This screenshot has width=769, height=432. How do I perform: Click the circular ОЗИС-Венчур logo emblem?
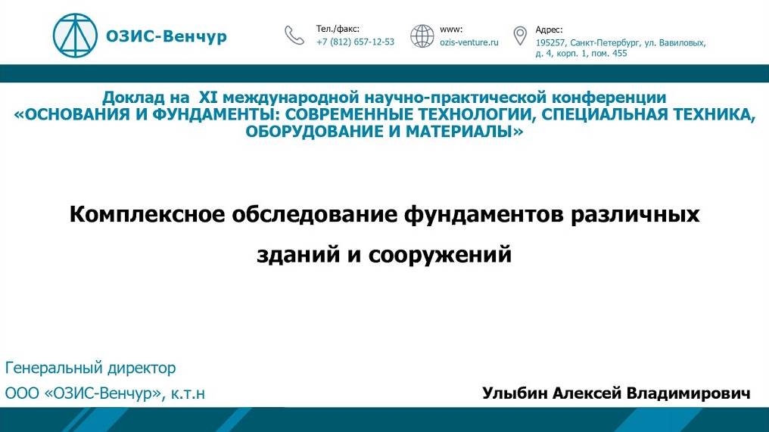(x=75, y=36)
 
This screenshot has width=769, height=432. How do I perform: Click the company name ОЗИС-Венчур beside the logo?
(x=167, y=36)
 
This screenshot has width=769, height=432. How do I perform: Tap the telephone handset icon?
(x=294, y=36)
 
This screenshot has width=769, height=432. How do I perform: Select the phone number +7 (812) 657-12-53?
(x=355, y=42)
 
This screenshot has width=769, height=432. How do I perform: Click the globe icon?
(x=422, y=36)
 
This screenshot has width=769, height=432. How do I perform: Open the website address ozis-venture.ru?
(x=469, y=42)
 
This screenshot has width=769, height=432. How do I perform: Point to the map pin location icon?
(x=520, y=36)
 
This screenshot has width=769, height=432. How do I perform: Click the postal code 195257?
(x=550, y=43)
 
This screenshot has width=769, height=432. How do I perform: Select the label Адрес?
(x=549, y=30)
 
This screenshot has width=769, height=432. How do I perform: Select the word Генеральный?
(x=54, y=368)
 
